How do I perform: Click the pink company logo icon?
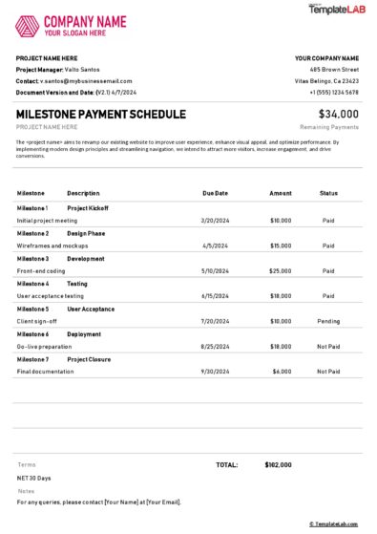(x=28, y=26)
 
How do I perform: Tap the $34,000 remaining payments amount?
(x=339, y=114)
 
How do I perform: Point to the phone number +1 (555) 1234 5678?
(x=333, y=92)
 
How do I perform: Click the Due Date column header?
(x=215, y=193)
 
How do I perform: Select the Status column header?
(x=328, y=193)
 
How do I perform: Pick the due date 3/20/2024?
(x=215, y=220)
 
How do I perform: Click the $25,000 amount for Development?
(x=280, y=270)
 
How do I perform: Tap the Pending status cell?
(x=328, y=321)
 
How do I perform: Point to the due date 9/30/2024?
(x=215, y=372)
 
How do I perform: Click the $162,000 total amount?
(x=278, y=464)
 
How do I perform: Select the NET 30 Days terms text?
(x=34, y=478)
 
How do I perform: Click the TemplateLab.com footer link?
(x=333, y=523)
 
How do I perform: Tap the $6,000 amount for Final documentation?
(x=282, y=372)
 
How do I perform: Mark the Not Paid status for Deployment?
(x=328, y=347)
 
